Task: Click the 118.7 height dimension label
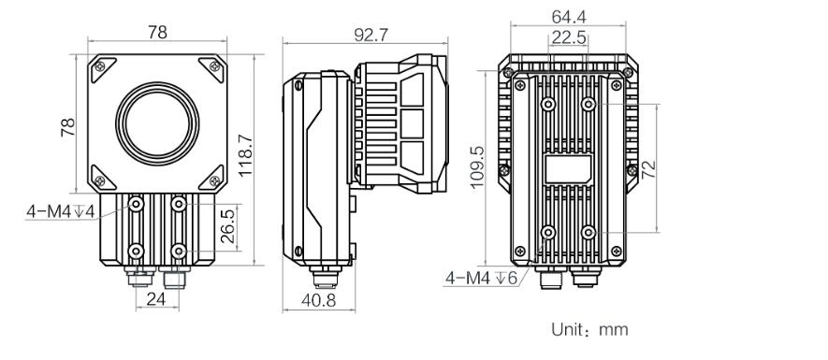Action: [246, 155]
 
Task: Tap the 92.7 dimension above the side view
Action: [370, 35]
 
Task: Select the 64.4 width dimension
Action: [569, 17]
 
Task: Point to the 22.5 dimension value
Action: [569, 37]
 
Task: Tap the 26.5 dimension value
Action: [227, 227]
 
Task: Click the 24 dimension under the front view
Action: [156, 299]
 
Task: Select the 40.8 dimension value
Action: [319, 300]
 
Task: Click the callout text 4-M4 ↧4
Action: [60, 211]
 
